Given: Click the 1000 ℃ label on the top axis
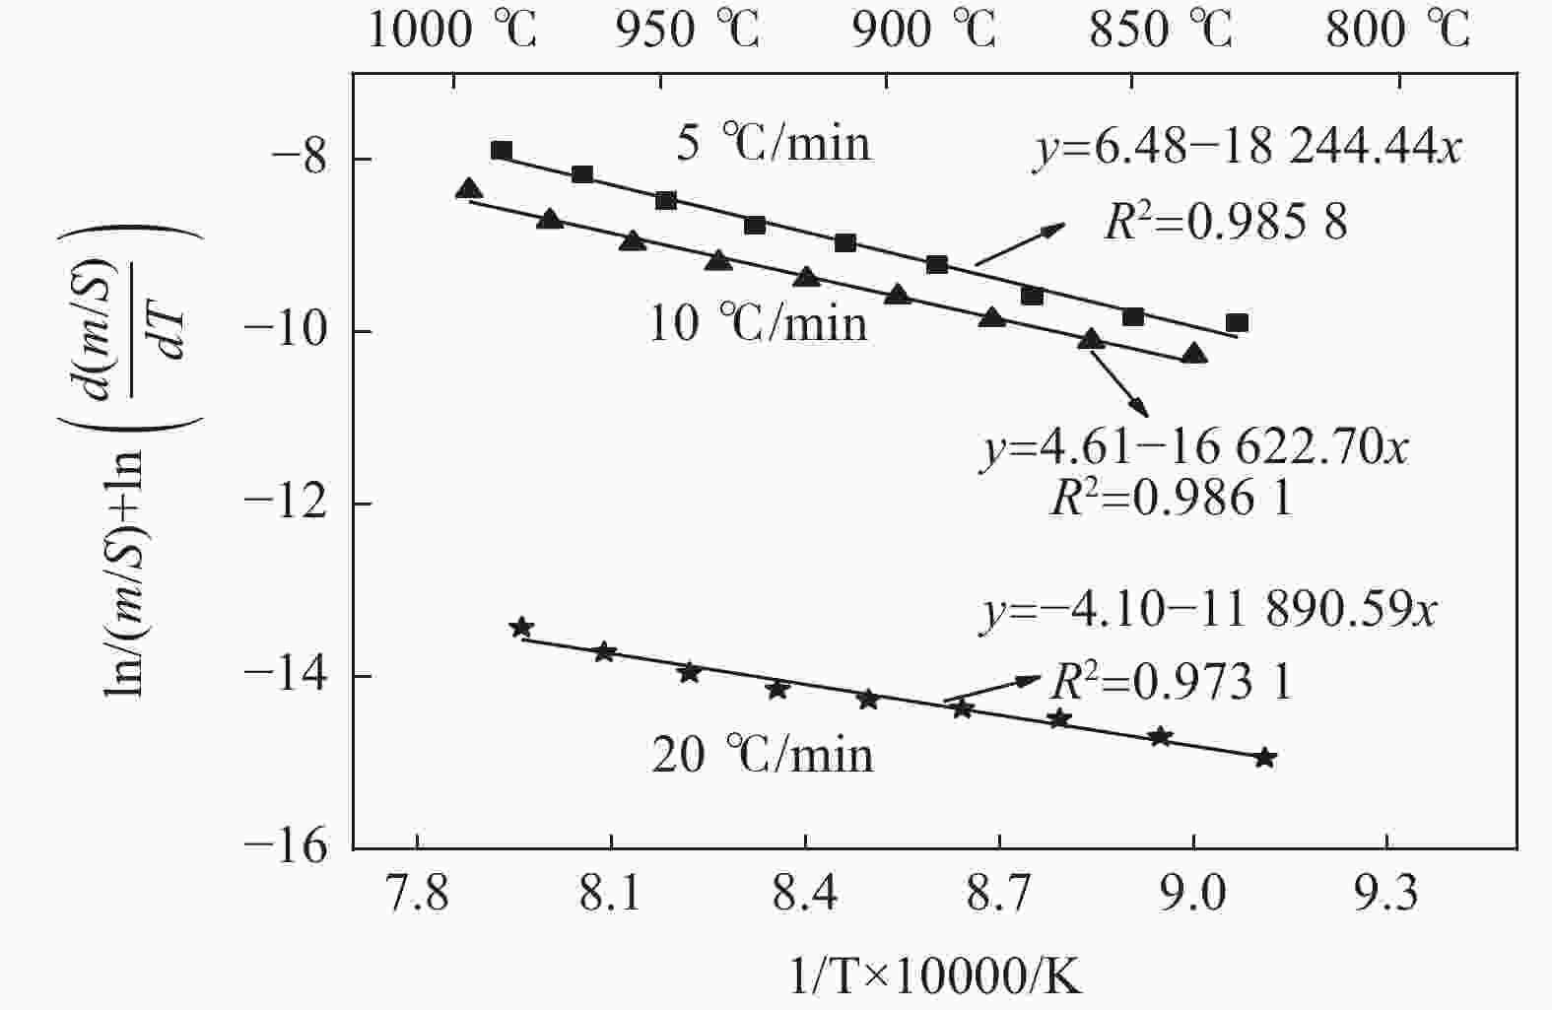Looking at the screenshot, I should pos(452,31).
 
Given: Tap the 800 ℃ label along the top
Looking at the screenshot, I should pos(1397,31).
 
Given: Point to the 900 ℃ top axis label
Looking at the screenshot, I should pos(923,31).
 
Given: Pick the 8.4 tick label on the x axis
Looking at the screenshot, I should pos(805,895).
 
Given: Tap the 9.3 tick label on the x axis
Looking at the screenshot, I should pos(1386,895).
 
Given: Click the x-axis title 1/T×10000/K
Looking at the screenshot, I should pos(935,977).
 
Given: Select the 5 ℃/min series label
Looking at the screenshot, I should pos(774,144).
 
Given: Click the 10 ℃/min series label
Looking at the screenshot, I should pos(758,323).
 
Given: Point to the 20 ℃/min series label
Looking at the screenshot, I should pos(763,755).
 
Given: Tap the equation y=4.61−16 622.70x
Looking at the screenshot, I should pos(1195,449).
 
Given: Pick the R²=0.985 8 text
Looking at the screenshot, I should pos(1225,224).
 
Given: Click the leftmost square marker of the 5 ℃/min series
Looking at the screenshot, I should pos(501,151).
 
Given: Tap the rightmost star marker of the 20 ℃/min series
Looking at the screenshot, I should pos(1266,758).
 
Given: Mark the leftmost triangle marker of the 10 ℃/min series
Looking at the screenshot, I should pos(469,189).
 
